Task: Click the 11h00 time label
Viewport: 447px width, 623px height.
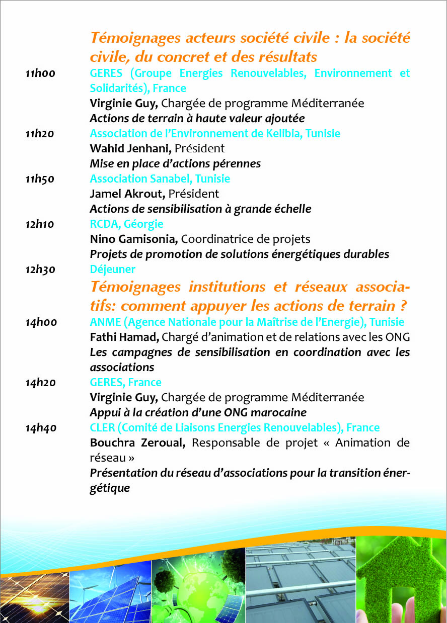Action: point(40,73)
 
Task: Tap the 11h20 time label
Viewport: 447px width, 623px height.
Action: point(40,134)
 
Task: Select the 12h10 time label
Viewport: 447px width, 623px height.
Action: point(40,224)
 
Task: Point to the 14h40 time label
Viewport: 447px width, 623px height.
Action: point(41,428)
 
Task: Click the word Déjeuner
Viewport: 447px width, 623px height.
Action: point(112,270)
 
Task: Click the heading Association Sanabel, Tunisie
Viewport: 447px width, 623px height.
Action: point(160,179)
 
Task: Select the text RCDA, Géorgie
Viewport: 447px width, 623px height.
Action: point(126,224)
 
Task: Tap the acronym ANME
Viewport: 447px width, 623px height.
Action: point(103,322)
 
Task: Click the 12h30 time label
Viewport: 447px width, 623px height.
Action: point(40,270)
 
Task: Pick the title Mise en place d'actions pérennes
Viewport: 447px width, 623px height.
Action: point(175,164)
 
